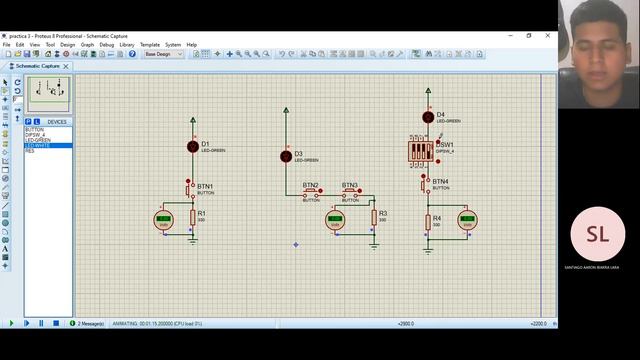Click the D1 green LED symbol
click(x=193, y=146)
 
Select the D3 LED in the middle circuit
click(x=286, y=156)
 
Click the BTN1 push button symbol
click(x=190, y=187)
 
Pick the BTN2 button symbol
click(x=311, y=191)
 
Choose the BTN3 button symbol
click(x=350, y=191)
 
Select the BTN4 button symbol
click(x=426, y=184)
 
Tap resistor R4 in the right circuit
click(x=427, y=220)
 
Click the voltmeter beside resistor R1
click(x=164, y=220)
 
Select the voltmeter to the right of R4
click(x=467, y=220)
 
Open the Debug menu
click(x=106, y=45)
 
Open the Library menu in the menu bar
click(x=127, y=45)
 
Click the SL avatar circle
click(x=597, y=235)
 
